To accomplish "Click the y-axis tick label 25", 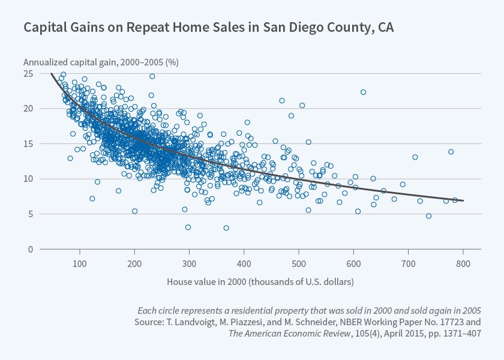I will pyautogui.click(x=28, y=74).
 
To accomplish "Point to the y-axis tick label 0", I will pyautogui.click(x=30, y=249).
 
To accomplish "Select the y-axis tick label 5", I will pyautogui.click(x=30, y=214).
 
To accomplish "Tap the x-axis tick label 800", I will pyautogui.click(x=463, y=264).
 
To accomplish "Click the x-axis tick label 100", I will pyautogui.click(x=79, y=264).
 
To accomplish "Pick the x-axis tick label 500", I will pyautogui.click(x=298, y=264).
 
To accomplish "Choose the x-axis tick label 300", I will pyautogui.click(x=189, y=264).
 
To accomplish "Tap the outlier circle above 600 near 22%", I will pyautogui.click(x=363, y=92).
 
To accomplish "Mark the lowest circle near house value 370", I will pyautogui.click(x=226, y=228).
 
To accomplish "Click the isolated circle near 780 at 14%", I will pyautogui.click(x=451, y=152).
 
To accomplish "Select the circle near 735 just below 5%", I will pyautogui.click(x=428, y=216).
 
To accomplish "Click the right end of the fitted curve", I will pyautogui.click(x=463, y=200).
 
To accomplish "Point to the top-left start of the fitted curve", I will pyautogui.click(x=52, y=74).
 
